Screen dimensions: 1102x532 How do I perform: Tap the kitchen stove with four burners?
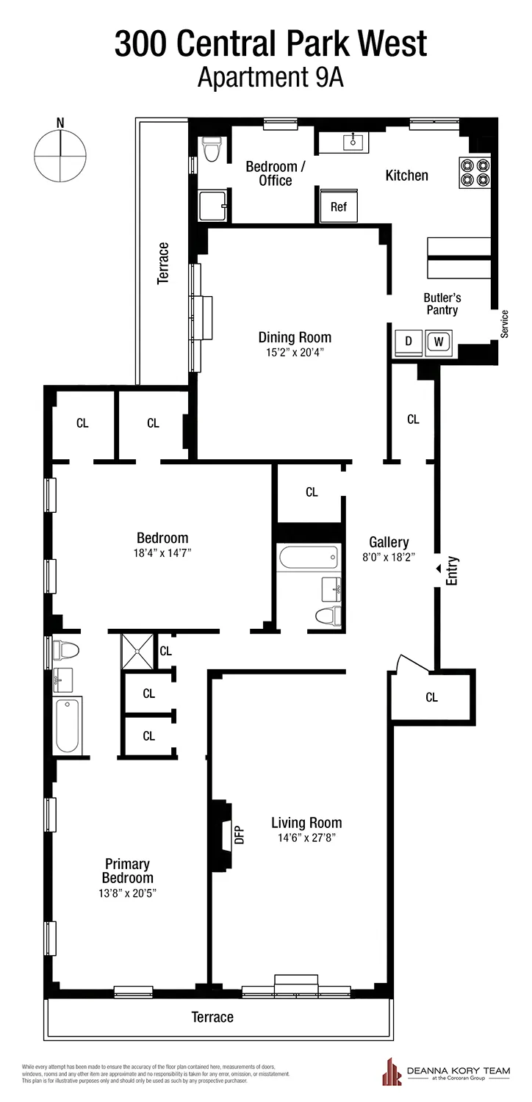(475, 172)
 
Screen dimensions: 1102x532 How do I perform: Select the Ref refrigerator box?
(338, 206)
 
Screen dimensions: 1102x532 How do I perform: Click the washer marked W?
(439, 342)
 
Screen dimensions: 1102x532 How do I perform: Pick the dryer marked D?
(408, 342)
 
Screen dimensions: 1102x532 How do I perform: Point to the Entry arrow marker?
(439, 568)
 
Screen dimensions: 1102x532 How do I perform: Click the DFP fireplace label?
(239, 835)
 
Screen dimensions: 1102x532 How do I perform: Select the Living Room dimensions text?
(306, 838)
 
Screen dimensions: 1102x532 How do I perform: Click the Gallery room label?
(389, 542)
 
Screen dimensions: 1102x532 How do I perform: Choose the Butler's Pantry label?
(441, 304)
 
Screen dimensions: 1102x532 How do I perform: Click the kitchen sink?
(353, 142)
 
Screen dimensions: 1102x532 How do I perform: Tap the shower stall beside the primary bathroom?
(137, 651)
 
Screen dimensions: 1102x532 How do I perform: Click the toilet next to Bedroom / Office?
(212, 151)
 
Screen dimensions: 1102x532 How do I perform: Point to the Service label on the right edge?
(505, 324)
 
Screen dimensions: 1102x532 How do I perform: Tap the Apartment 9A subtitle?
(270, 76)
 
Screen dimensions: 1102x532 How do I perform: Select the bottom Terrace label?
(212, 1017)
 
